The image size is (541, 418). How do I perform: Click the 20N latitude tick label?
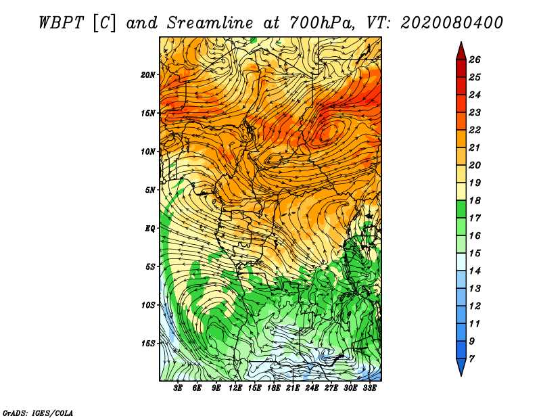(147, 75)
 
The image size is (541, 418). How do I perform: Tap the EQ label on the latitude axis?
(149, 229)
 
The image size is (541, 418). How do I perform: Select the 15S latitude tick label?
(147, 344)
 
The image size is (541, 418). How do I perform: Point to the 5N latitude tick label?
(149, 190)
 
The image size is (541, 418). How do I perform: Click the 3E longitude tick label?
(178, 388)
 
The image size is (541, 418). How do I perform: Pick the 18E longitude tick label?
(274, 388)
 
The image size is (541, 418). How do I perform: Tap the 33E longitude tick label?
(369, 388)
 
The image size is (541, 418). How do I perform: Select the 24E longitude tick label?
(312, 388)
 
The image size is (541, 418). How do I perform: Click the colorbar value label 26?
(475, 60)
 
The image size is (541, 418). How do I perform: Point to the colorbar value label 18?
(475, 200)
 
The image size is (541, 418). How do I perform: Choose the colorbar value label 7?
(471, 359)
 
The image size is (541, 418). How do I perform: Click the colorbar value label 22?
(475, 130)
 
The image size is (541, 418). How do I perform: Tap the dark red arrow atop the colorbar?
(461, 51)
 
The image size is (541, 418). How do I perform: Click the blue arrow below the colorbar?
(461, 367)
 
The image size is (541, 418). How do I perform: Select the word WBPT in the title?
(61, 23)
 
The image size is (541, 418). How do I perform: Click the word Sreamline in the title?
(210, 23)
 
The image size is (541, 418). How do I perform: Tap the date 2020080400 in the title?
(452, 23)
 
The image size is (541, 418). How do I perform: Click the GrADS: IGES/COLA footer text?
(38, 413)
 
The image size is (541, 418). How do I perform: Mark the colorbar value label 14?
(475, 271)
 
